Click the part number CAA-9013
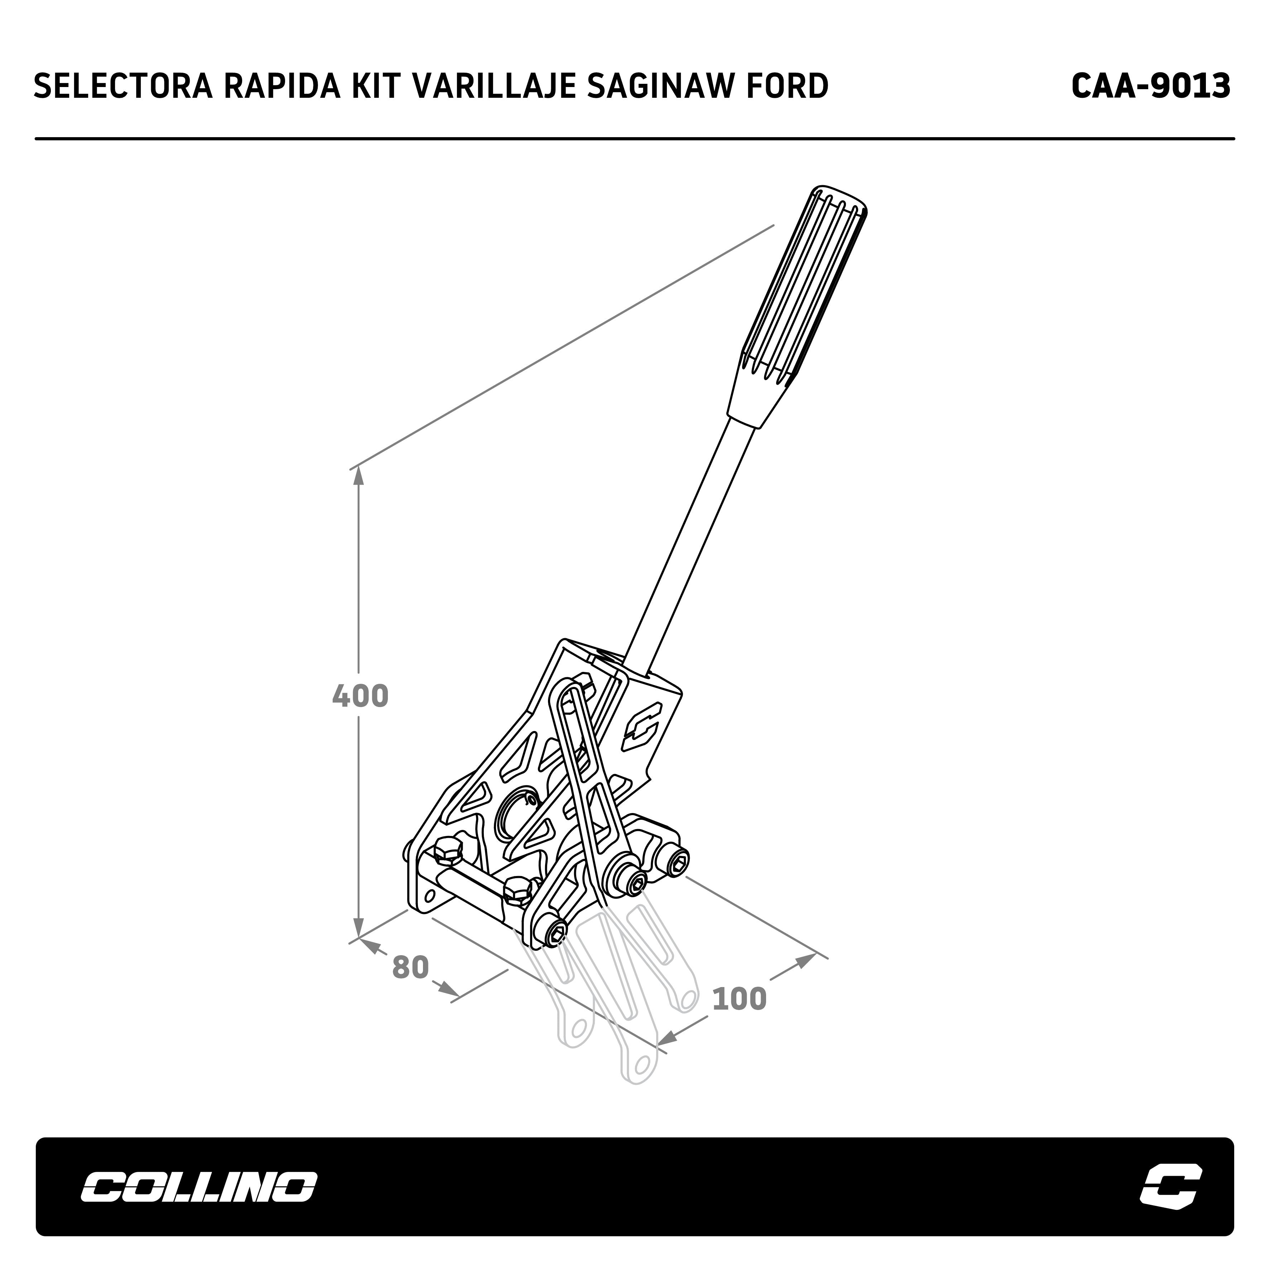[1150, 86]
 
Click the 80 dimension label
[411, 968]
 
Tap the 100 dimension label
[740, 999]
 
